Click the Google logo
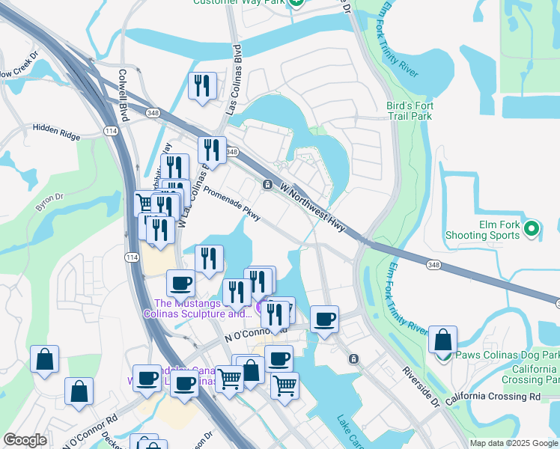pyautogui.click(x=25, y=440)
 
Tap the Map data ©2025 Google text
pyautogui.click(x=513, y=443)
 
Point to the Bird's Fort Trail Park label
pyautogui.click(x=409, y=111)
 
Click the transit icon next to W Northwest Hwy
pyautogui.click(x=267, y=185)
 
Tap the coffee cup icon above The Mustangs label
pyautogui.click(x=180, y=284)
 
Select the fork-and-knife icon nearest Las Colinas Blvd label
pyautogui.click(x=201, y=86)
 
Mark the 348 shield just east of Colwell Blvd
pyautogui.click(x=153, y=113)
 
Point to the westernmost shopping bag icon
pyautogui.click(x=45, y=358)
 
